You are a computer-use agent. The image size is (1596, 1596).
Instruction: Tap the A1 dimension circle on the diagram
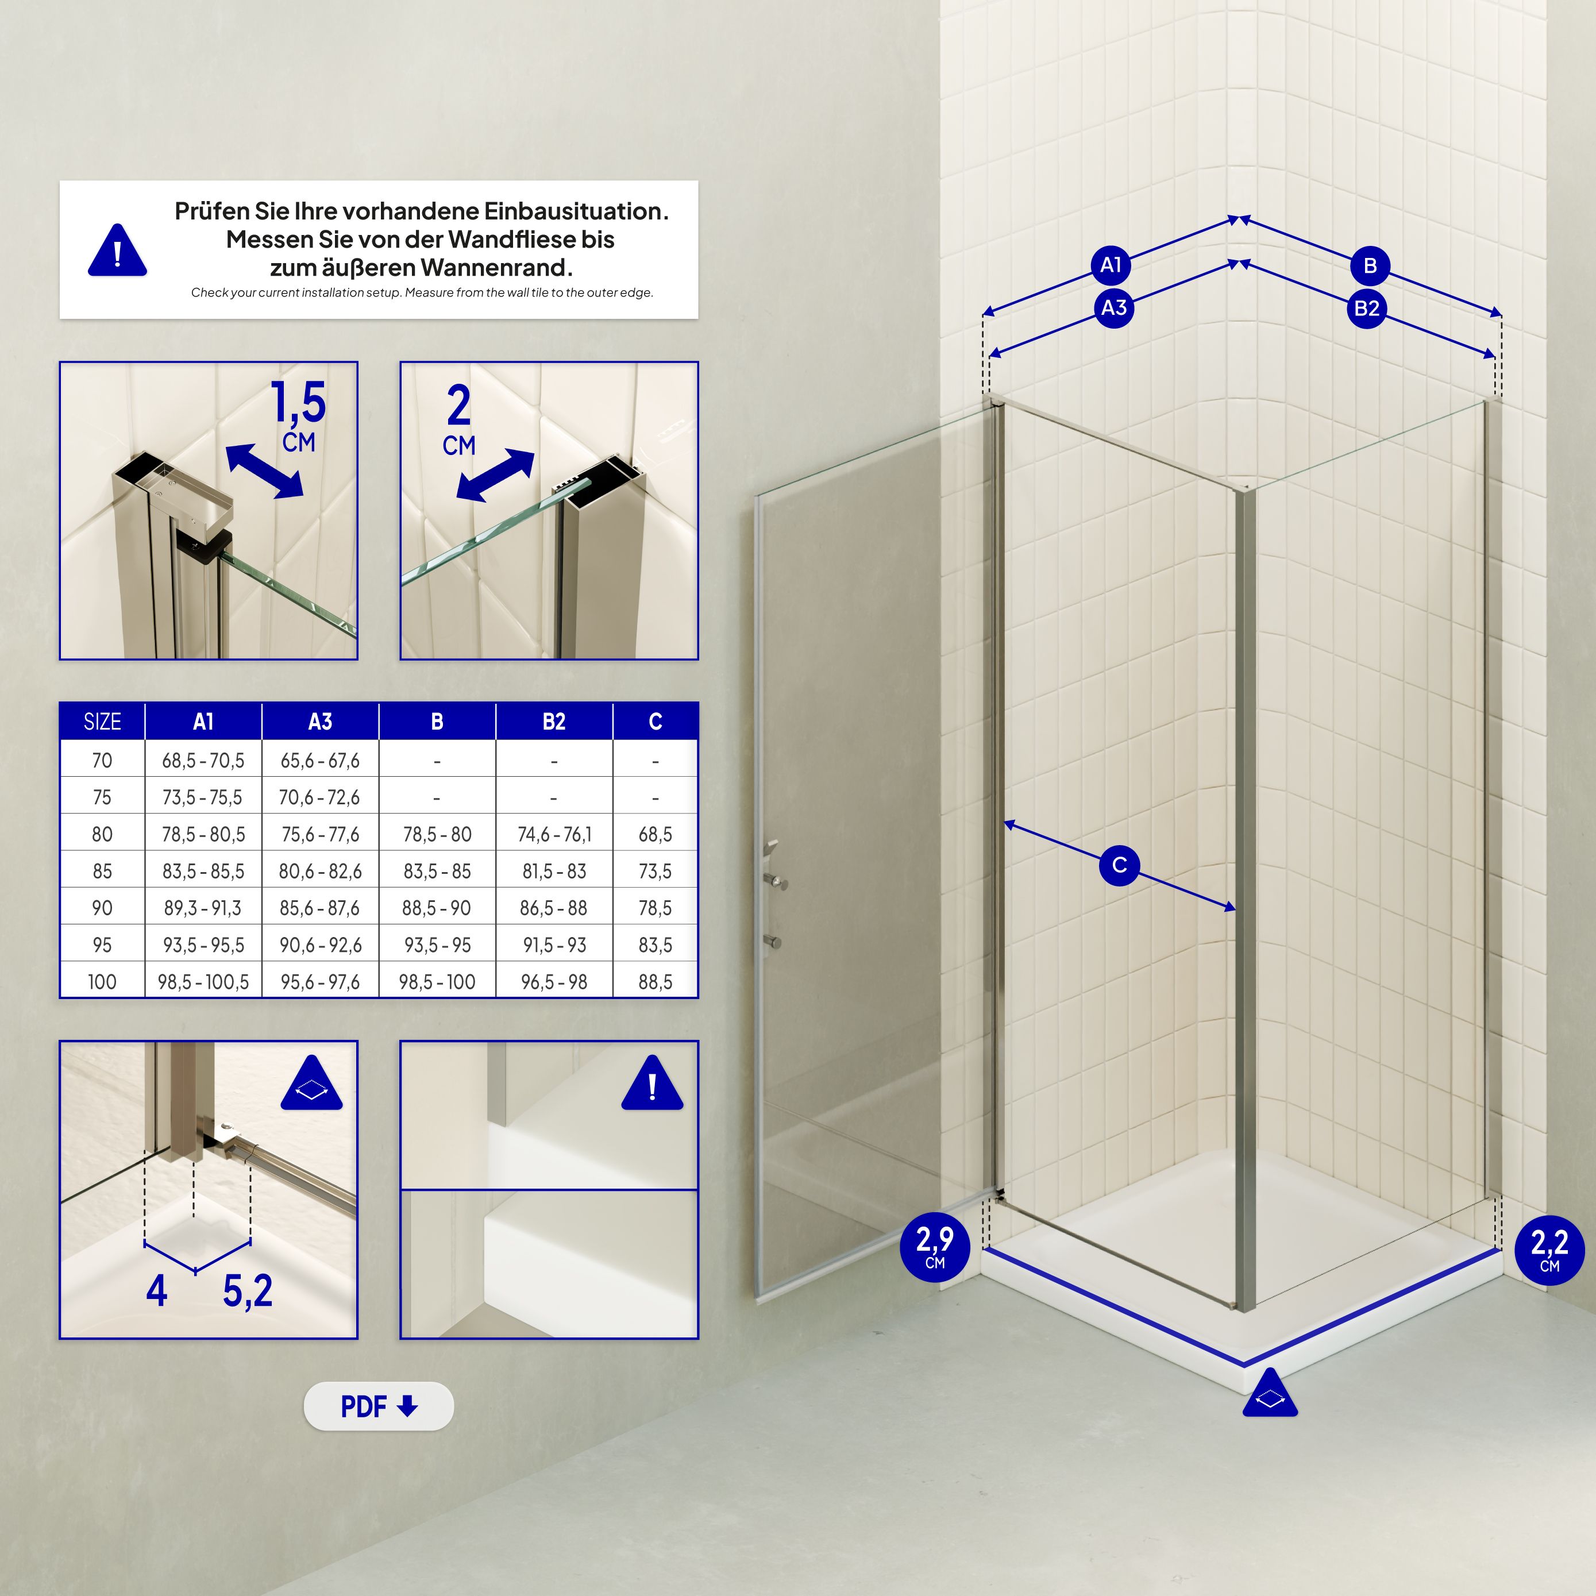(1111, 265)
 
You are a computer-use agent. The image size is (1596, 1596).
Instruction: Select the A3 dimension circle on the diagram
(1113, 308)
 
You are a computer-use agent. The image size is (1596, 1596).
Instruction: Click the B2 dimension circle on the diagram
(1366, 309)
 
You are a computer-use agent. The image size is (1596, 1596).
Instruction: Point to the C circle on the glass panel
(1119, 865)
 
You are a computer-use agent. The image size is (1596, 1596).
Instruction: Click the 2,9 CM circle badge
(934, 1247)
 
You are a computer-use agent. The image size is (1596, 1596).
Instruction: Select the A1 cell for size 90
(203, 908)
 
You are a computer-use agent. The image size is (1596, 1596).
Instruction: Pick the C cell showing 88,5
(655, 982)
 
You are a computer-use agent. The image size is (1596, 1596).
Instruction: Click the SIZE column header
(102, 722)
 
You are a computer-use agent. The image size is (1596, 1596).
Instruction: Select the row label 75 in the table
(102, 797)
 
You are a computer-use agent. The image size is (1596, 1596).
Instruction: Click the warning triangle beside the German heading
(117, 251)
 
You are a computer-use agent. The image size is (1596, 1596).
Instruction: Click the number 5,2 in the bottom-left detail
(247, 1290)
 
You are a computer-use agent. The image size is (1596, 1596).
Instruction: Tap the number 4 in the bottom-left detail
(157, 1290)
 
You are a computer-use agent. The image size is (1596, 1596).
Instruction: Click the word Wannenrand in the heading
(496, 268)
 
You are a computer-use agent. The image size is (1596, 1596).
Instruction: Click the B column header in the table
(437, 722)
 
